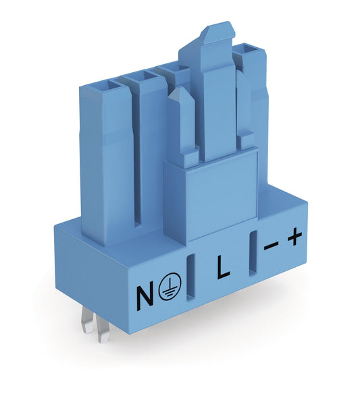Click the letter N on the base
pos(145,295)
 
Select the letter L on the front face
pos(222,269)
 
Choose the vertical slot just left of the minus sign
pos(253,253)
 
